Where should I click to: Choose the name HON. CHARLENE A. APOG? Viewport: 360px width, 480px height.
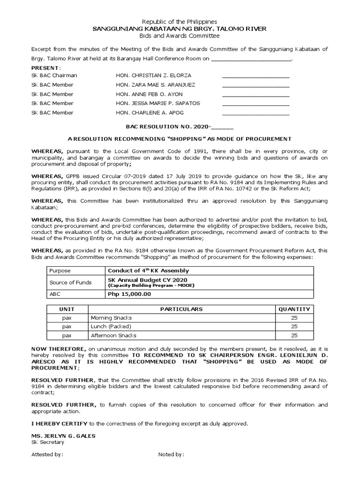point(151,112)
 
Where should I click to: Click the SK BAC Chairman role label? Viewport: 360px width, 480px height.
point(54,75)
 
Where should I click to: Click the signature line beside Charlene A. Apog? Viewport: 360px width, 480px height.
point(255,114)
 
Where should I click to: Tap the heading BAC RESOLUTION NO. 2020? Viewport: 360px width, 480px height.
point(180,127)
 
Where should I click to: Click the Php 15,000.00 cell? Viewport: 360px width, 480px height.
point(129,294)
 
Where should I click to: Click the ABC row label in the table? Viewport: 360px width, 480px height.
point(55,294)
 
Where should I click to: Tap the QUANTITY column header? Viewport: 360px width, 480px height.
point(294,309)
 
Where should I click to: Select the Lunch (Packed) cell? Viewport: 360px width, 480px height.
point(111,326)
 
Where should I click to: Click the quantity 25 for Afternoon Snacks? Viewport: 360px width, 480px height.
point(294,335)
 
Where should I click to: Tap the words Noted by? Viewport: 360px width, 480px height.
point(171,454)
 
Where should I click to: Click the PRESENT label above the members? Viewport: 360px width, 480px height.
point(45,68)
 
